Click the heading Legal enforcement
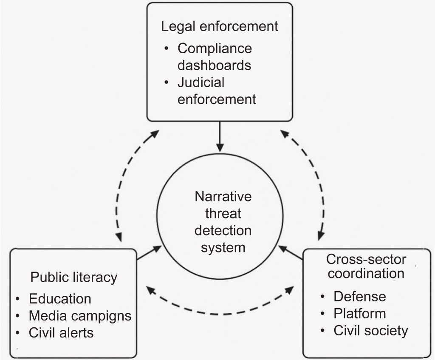coord(220,26)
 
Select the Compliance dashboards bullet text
coord(215,57)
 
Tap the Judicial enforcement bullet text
coord(217,91)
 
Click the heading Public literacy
coord(73,278)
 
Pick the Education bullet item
coord(60,299)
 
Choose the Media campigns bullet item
coord(80,316)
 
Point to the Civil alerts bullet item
coord(61,332)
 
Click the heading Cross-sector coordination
coord(366,266)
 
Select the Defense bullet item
coord(360,296)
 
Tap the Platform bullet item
coord(360,314)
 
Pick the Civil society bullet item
coord(370,331)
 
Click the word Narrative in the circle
coord(223,197)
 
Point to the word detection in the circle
coord(223,230)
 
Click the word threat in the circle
coord(223,214)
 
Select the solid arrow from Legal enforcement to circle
coord(220,137)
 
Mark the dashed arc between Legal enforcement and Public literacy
coord(123,183)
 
